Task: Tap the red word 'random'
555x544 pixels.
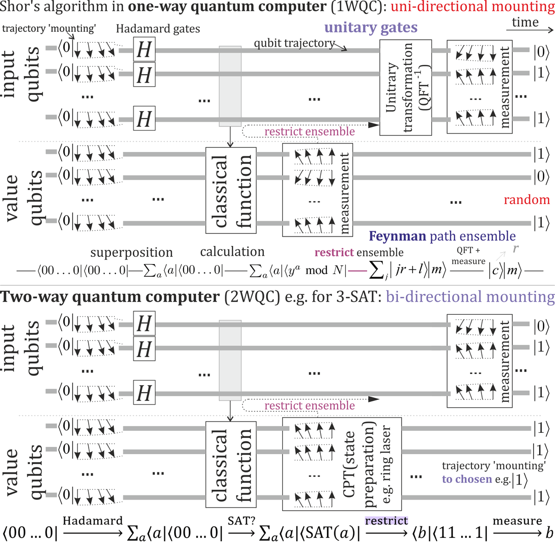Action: [x=527, y=199]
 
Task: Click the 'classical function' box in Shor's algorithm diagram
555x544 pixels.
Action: [x=231, y=191]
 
